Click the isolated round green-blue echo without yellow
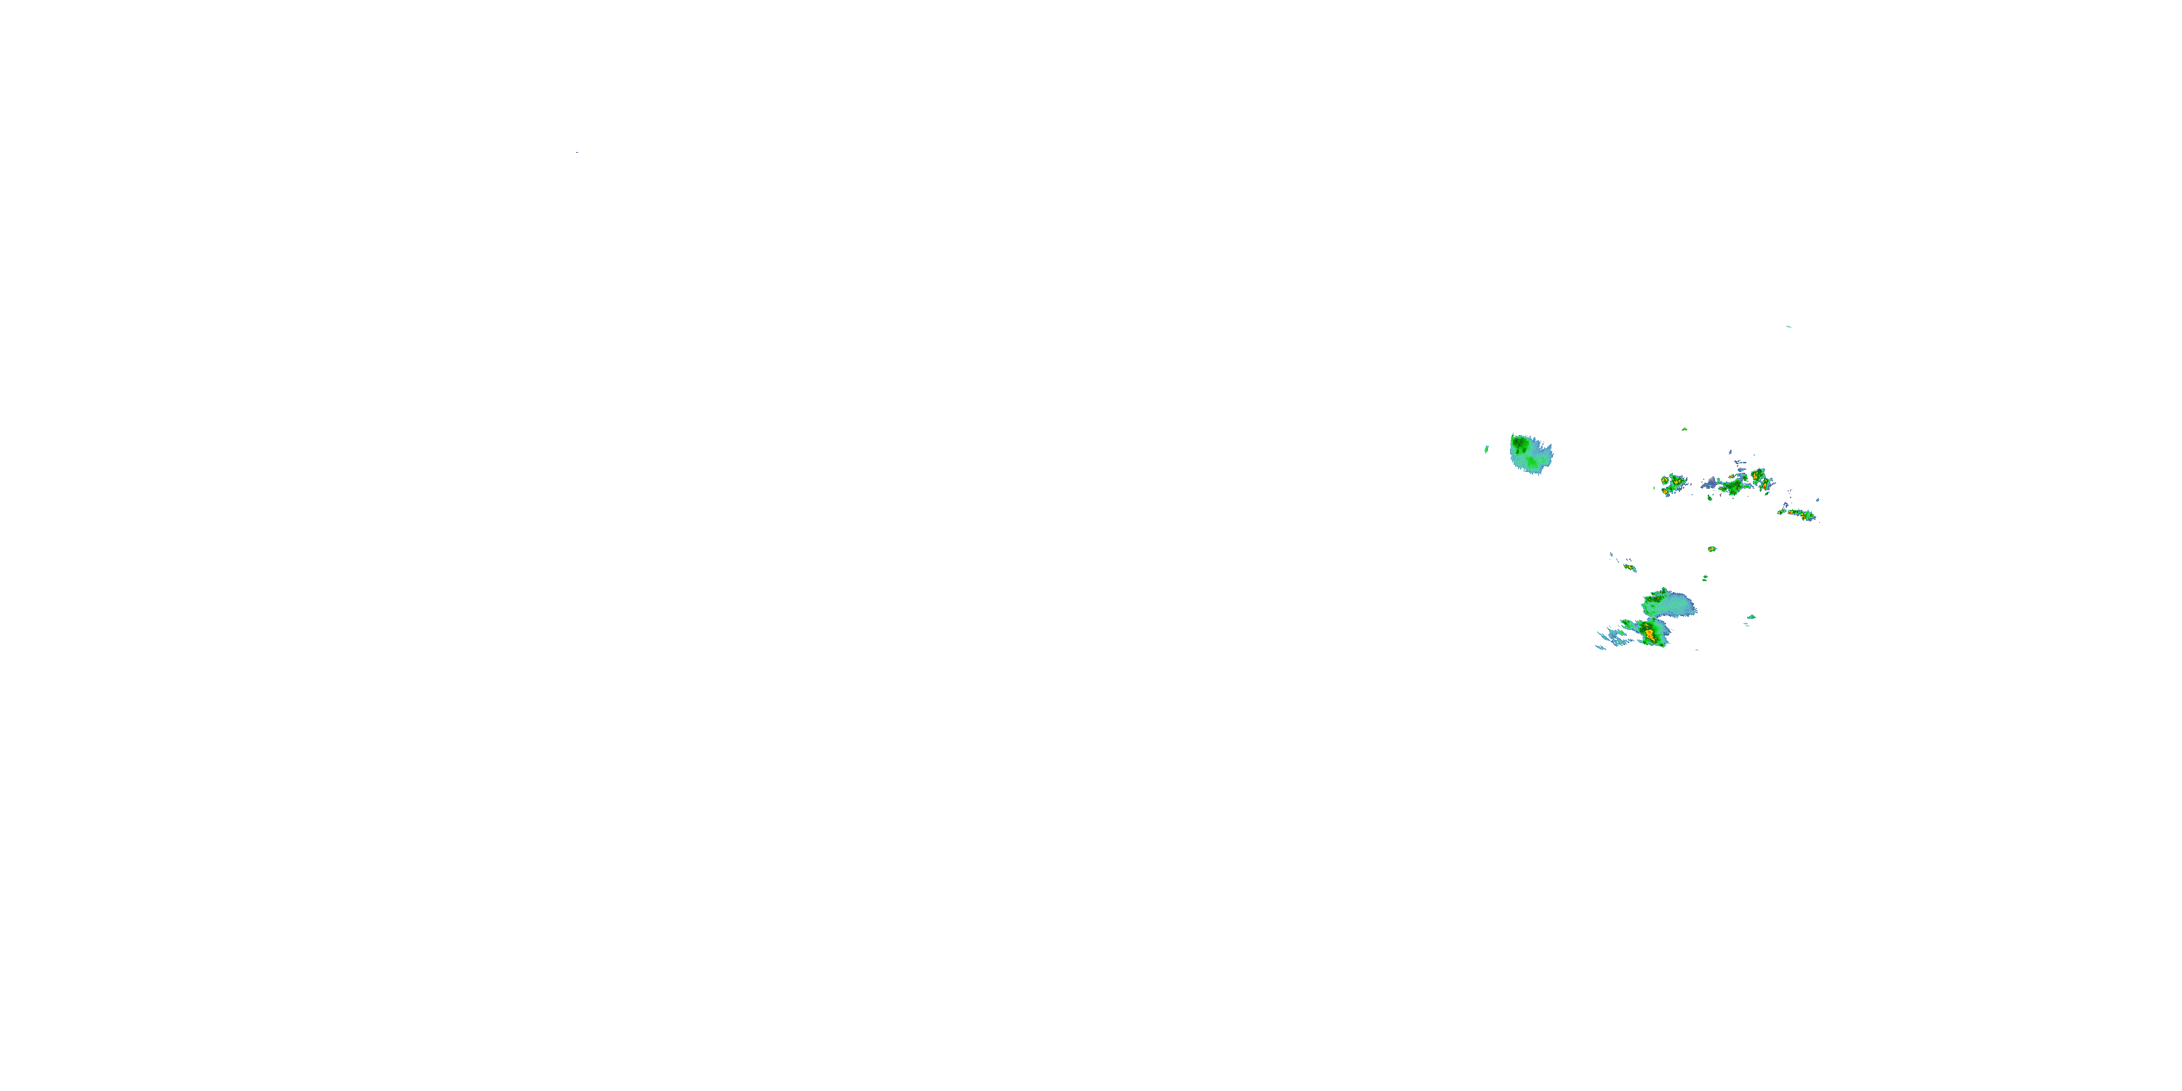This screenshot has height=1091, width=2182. (x=1530, y=454)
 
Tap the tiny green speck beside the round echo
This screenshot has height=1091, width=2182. (x=1487, y=449)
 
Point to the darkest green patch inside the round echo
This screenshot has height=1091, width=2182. (x=1520, y=443)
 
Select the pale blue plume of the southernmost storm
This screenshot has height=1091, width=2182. (x=1679, y=606)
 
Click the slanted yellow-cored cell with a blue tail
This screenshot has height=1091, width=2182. (x=1628, y=567)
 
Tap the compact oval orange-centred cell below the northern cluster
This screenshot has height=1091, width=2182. (x=1711, y=549)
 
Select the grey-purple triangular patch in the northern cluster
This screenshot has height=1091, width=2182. (x=1710, y=484)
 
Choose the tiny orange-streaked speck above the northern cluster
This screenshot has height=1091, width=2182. (x=1684, y=429)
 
